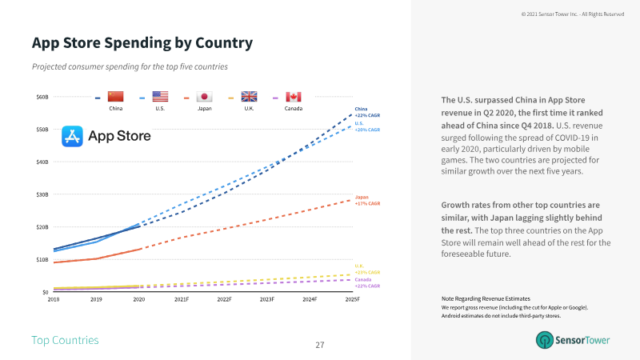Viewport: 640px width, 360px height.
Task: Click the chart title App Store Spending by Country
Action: pos(142,42)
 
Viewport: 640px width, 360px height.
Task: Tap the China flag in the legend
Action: pos(115,97)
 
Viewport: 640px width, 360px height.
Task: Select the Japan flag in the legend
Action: pos(204,97)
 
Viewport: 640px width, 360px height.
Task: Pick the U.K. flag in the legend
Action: pos(249,97)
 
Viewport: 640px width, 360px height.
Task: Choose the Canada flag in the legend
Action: pos(294,97)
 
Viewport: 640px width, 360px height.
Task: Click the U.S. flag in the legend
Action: pos(160,97)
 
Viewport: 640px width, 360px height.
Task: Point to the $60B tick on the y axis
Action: pos(42,97)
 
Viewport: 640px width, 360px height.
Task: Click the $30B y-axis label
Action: pos(42,194)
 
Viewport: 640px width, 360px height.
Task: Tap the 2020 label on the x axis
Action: pos(139,299)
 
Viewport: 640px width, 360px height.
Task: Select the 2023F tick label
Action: pos(267,299)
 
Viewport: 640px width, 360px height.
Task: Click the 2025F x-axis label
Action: pos(352,299)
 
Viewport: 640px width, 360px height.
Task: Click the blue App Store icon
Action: pos(72,137)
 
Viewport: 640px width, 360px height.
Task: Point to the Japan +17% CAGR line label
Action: pos(367,200)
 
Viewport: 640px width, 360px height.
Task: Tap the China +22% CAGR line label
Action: pos(367,111)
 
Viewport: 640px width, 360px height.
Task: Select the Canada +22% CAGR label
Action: pos(367,282)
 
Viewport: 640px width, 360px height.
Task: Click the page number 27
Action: pos(320,345)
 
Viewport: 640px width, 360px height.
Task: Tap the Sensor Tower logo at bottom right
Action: pos(573,340)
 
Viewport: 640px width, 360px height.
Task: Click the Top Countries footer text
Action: pos(65,341)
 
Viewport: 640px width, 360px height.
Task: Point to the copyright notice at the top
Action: pos(572,14)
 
